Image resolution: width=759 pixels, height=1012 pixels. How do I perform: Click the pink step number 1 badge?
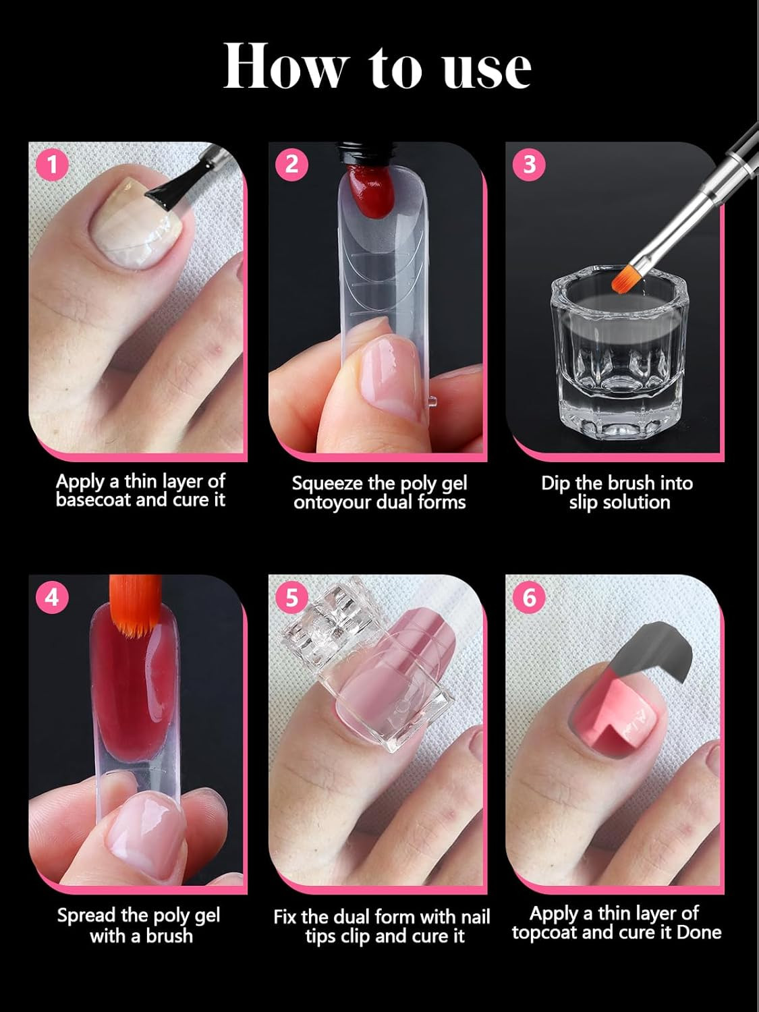click(x=53, y=165)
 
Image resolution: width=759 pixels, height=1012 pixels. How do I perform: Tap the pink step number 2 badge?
click(x=291, y=165)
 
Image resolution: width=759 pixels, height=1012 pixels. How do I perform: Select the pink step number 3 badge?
click(x=529, y=165)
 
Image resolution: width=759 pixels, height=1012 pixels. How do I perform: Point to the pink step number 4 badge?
click(x=52, y=598)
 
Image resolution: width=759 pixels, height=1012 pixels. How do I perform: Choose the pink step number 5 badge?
click(x=291, y=598)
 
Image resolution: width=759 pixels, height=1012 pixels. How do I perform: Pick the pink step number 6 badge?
click(x=529, y=598)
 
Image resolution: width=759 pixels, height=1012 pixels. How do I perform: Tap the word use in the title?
click(x=487, y=70)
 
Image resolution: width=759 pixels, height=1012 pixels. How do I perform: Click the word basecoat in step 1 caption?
click(x=94, y=500)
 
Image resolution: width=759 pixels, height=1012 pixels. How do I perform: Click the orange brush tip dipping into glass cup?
click(x=625, y=277)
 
